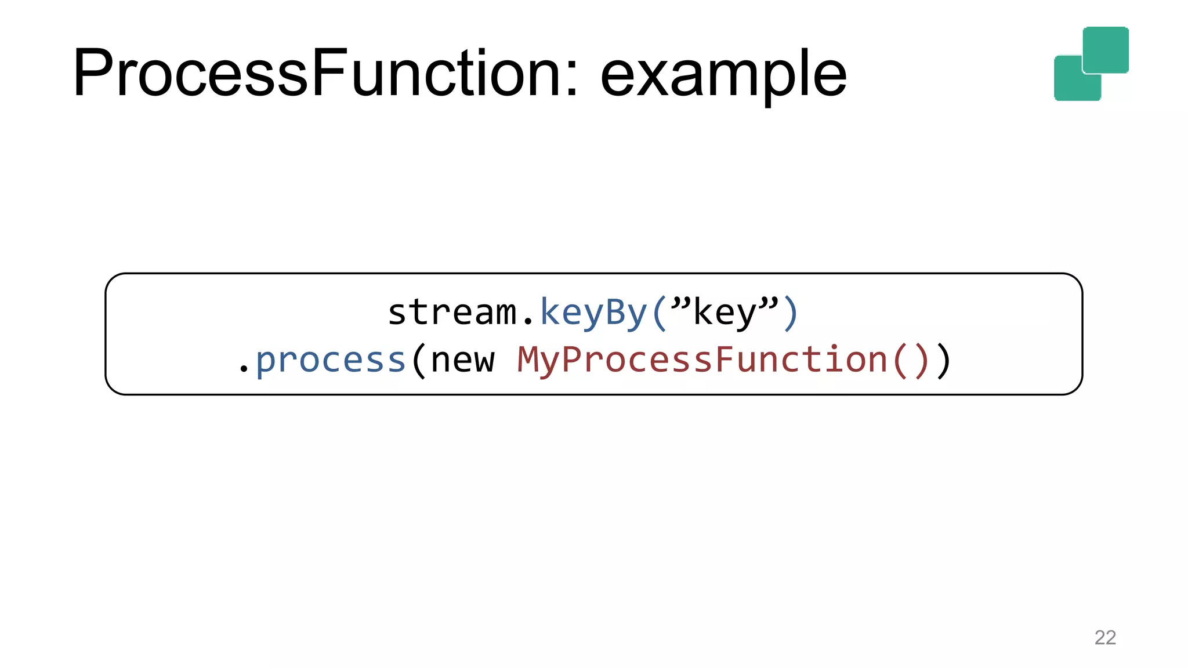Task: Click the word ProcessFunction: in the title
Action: [325, 74]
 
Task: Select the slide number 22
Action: [1105, 637]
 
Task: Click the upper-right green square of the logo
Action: [1106, 49]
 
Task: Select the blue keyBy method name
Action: [593, 313]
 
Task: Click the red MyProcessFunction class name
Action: [702, 360]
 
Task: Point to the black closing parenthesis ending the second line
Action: [944, 361]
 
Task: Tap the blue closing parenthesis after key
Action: [790, 313]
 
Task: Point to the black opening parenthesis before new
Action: [418, 361]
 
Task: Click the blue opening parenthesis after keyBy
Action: [659, 313]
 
